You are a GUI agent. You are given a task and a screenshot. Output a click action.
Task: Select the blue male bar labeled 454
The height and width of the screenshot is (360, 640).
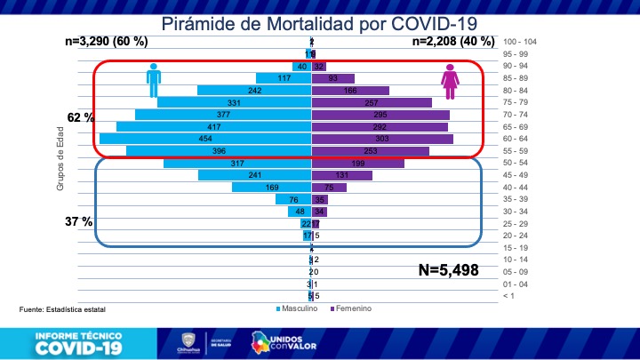pyautogui.click(x=205, y=139)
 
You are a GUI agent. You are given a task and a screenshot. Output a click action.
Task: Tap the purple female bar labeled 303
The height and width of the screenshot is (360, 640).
pyautogui.click(x=382, y=139)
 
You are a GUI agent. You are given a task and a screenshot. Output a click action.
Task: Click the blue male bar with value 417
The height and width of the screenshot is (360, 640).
pyautogui.click(x=214, y=127)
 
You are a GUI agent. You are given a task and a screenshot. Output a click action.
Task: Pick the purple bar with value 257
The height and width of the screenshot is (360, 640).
pyautogui.click(x=372, y=103)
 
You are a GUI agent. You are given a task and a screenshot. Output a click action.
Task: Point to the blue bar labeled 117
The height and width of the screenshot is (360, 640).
pyautogui.click(x=284, y=78)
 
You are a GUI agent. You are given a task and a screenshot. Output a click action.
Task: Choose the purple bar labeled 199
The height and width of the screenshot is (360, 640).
pyautogui.click(x=357, y=164)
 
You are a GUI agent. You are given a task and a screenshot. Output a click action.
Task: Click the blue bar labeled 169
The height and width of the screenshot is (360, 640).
pyautogui.click(x=271, y=188)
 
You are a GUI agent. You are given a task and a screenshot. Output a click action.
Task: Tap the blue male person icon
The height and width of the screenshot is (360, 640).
pyautogui.click(x=155, y=81)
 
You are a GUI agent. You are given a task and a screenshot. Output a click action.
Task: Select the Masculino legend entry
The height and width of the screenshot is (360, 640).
pyautogui.click(x=297, y=308)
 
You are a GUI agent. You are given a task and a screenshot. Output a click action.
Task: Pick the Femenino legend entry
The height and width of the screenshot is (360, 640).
pyautogui.click(x=350, y=308)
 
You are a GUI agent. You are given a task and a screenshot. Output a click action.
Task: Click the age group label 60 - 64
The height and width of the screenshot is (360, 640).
pyautogui.click(x=517, y=139)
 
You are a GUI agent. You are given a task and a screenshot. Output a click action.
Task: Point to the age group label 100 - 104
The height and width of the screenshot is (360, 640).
pyautogui.click(x=520, y=42)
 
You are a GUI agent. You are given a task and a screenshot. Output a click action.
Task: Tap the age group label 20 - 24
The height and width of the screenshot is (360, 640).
pyautogui.click(x=517, y=236)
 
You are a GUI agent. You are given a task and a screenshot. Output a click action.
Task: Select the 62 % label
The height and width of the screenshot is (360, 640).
pyautogui.click(x=81, y=117)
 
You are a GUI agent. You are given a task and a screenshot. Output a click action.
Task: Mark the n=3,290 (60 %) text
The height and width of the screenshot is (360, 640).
pyautogui.click(x=107, y=42)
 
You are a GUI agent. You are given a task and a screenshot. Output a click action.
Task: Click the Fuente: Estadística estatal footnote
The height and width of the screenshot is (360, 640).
pyautogui.click(x=62, y=309)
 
